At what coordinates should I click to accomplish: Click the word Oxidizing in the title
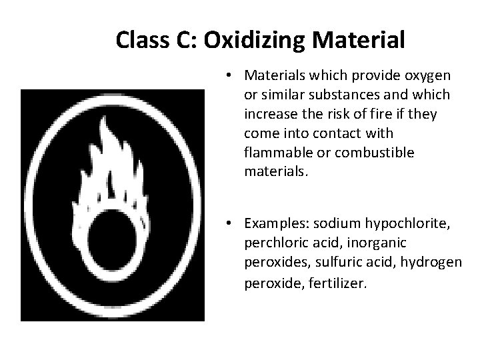pos(254,40)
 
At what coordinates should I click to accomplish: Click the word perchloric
pos(275,243)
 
